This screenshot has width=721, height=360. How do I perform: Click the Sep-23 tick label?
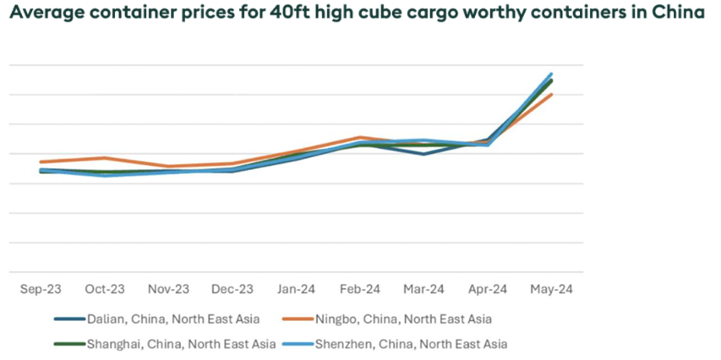40,288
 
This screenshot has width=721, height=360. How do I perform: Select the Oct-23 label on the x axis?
104,288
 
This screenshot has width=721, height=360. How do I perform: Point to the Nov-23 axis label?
168,288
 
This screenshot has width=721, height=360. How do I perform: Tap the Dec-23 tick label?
232,288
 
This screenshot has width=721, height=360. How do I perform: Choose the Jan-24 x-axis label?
297,288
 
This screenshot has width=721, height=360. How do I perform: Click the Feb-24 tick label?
360,288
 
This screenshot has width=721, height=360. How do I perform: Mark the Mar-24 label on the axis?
424,288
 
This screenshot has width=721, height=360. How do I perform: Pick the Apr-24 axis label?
488,288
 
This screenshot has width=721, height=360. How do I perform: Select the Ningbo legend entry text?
402,319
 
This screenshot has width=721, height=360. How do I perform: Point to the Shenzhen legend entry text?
411,344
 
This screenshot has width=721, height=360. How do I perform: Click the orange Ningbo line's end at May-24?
552,95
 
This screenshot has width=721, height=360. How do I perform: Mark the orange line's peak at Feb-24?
360,137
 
